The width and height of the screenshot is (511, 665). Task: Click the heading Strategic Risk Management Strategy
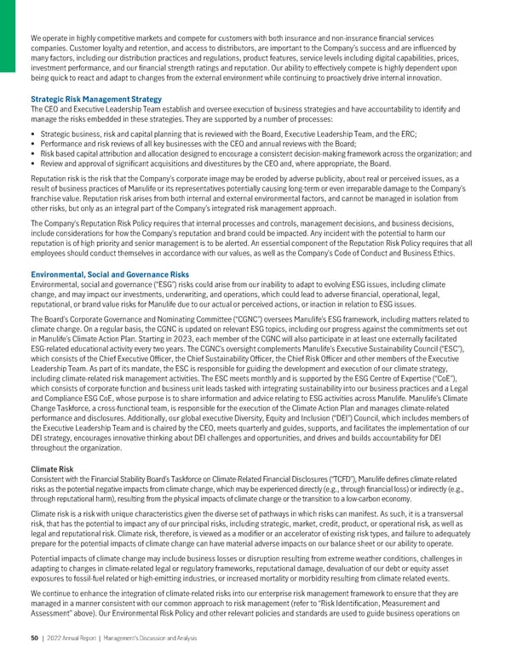pyautogui.click(x=95, y=100)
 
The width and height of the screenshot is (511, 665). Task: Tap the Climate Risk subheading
pyautogui.click(x=52, y=467)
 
